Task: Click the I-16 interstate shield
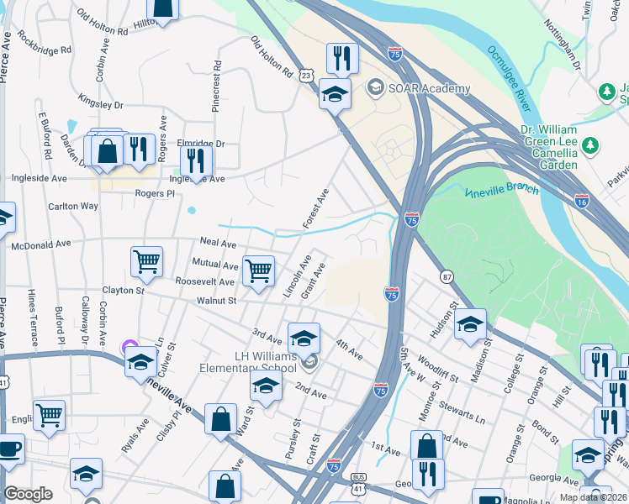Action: coord(583,201)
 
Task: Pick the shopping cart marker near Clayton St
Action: coord(146,261)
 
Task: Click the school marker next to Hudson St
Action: coord(471,324)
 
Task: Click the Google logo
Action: coord(28,493)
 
